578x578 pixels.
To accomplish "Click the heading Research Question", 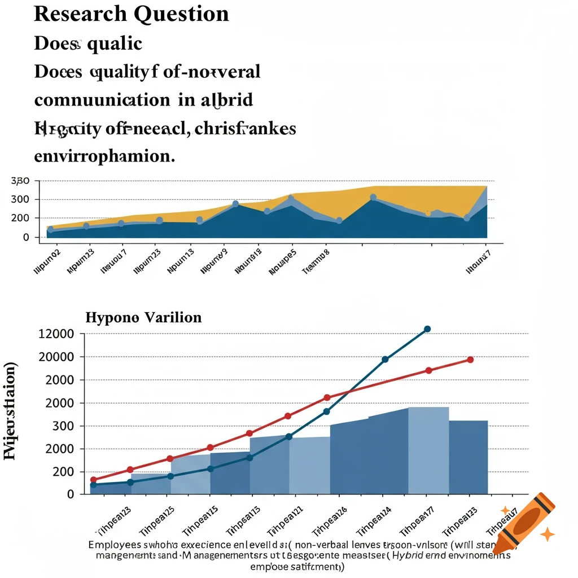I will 132,14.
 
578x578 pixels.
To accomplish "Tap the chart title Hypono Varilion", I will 143,317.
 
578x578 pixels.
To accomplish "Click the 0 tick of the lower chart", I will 71,494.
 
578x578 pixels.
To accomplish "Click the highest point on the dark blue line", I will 427,329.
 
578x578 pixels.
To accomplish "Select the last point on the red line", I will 470,360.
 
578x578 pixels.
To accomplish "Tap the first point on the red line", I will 94,480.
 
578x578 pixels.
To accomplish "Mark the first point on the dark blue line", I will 94,485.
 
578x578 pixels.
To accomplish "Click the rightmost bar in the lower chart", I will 468,457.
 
